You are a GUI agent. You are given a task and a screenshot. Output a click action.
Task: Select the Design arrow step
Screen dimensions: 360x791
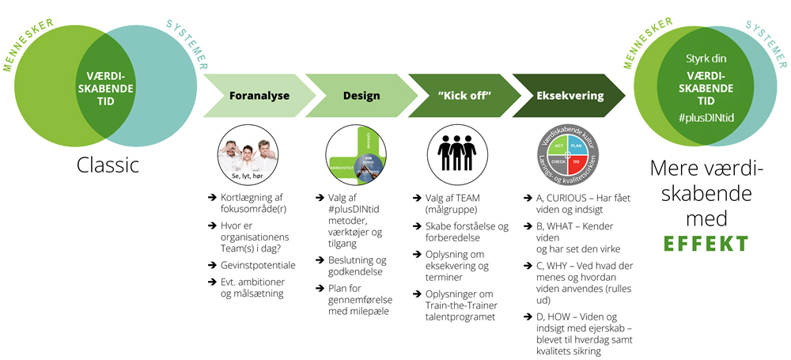361,96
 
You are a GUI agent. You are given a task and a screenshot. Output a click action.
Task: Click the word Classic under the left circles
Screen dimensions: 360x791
108,165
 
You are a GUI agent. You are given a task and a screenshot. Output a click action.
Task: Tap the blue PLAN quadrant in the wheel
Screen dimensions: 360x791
577,146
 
